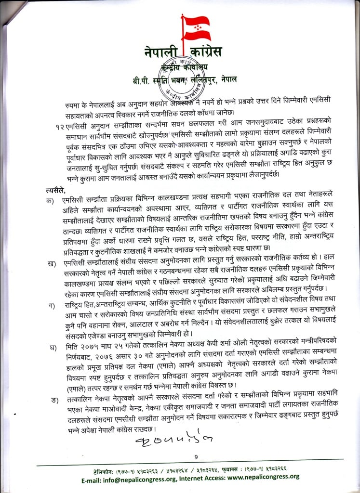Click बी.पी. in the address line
(143, 78)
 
